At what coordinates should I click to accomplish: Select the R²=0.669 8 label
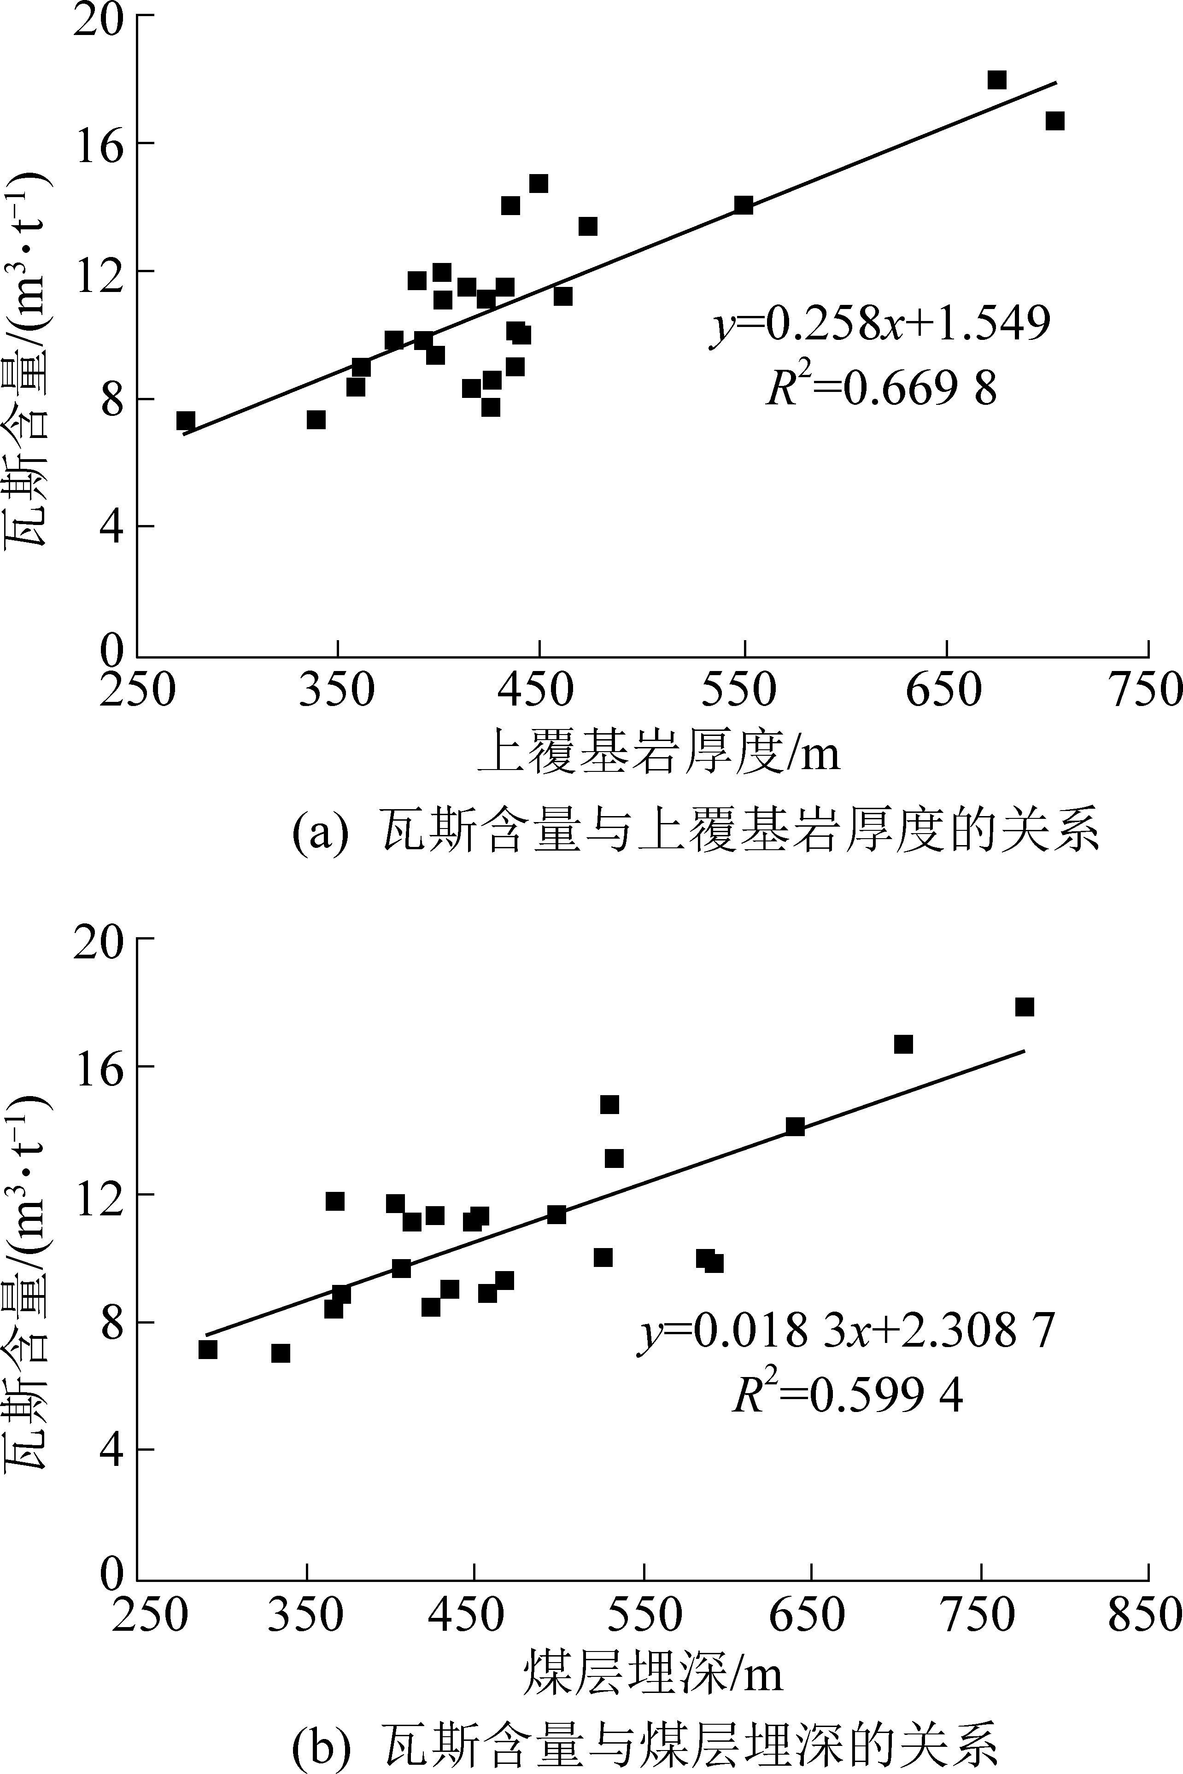[x=881, y=389]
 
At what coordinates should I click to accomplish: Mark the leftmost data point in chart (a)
[x=186, y=420]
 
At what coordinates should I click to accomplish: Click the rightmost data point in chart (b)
[x=1024, y=1007]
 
